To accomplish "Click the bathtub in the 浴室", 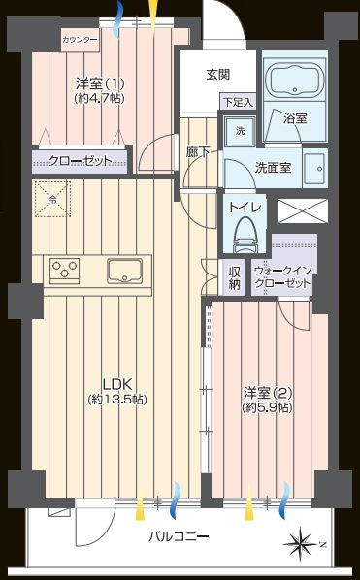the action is point(295,81).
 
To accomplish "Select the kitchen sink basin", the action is point(124,272).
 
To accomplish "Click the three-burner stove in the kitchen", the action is point(65,271).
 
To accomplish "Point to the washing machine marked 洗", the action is point(241,131).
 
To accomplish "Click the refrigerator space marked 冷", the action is point(52,199).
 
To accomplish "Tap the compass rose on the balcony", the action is point(301,544).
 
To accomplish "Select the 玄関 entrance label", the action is point(218,75).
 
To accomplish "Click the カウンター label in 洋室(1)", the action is point(80,40).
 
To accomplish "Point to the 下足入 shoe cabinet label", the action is point(239,102).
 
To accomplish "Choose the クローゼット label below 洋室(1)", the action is point(80,161).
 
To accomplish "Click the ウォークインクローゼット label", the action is point(282,277).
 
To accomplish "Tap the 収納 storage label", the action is point(235,277).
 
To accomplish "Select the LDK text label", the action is point(117,385).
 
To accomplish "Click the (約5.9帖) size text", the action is point(268,407).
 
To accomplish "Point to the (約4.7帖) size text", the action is point(99,98).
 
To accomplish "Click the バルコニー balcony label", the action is point(179,536).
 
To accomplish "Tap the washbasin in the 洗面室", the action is point(314,169).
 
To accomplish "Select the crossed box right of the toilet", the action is point(303,210).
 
